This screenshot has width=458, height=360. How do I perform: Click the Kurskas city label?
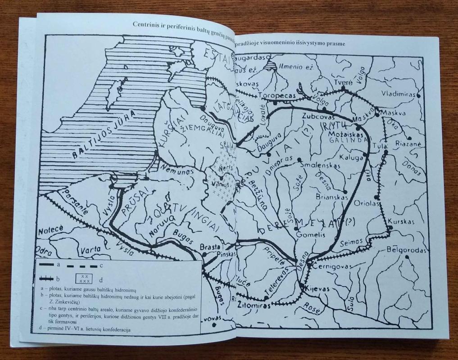tap(401, 222)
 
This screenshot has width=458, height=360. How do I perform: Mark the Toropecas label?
tap(276, 95)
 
